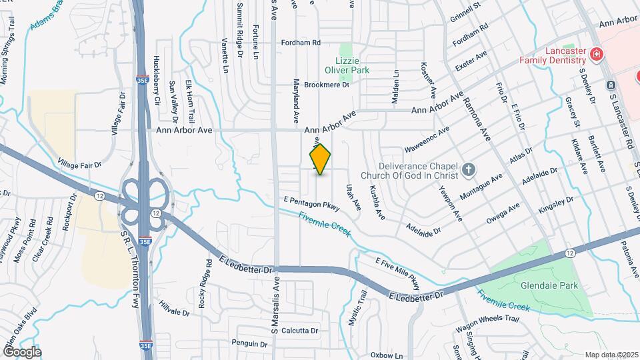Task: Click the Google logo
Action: coord(23,351)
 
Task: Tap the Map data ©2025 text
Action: coord(611,355)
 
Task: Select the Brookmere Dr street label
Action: coord(327,85)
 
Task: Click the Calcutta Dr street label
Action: coord(299,331)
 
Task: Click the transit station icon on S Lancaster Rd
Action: coord(611,85)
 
